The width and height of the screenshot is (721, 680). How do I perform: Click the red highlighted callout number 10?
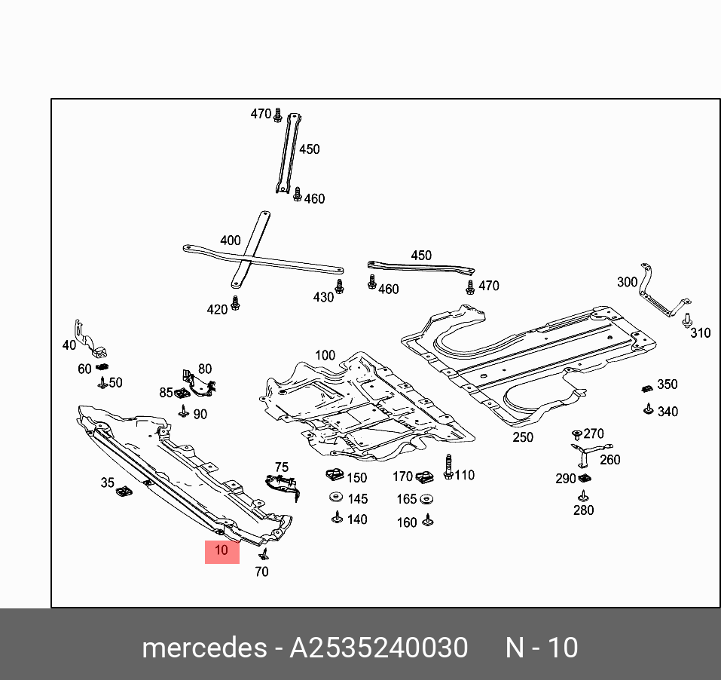[221, 550]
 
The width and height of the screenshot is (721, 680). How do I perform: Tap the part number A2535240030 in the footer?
[379, 648]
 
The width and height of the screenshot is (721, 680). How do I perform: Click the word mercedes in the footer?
[203, 648]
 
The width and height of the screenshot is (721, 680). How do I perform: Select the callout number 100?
[325, 355]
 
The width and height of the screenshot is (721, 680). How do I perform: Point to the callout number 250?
[522, 437]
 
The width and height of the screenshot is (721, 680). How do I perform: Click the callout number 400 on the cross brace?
[230, 240]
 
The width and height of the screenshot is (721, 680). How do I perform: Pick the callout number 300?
[627, 282]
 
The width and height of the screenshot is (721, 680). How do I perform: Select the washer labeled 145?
[335, 498]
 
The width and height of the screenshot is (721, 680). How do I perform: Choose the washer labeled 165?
[426, 499]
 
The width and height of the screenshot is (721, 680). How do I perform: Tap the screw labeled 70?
[264, 554]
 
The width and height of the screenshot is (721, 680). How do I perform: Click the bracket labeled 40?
[88, 340]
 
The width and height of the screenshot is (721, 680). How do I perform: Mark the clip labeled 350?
[646, 388]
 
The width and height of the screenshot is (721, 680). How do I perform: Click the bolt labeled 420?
[236, 303]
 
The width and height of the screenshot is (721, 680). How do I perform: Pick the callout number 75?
[281, 467]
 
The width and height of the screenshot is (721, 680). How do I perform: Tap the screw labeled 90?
[183, 411]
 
